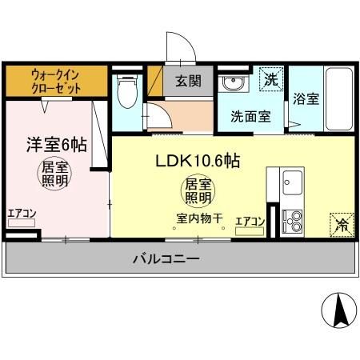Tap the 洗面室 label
[250, 115]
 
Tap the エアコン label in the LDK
[250, 221]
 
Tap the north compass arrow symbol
[338, 310]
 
